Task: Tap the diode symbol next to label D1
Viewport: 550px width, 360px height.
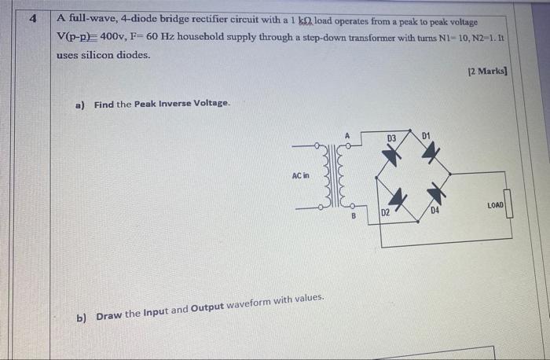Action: point(428,153)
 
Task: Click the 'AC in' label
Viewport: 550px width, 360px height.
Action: point(301,176)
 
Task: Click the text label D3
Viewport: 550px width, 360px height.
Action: point(391,138)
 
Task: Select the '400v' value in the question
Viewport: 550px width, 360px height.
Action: point(119,38)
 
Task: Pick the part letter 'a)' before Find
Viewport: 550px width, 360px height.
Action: point(79,104)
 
